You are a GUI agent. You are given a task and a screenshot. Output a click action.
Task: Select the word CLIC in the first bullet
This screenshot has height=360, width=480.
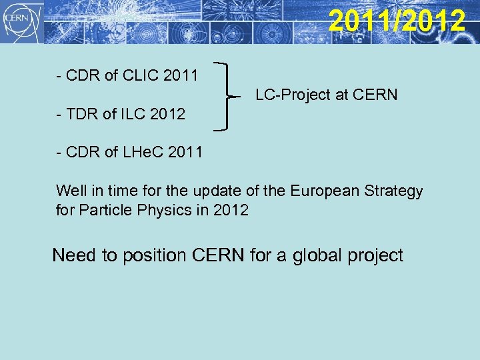(142, 75)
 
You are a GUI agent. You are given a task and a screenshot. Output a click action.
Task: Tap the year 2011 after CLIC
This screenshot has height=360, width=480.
(181, 75)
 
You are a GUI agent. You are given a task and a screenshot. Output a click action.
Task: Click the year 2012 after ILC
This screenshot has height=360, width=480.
(168, 114)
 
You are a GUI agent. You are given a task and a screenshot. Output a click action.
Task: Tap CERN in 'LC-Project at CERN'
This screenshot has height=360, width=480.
(375, 95)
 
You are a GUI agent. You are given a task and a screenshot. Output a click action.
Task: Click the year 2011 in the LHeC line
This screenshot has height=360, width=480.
(185, 153)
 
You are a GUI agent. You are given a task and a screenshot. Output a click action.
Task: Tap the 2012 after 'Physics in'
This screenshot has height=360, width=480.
(231, 211)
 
